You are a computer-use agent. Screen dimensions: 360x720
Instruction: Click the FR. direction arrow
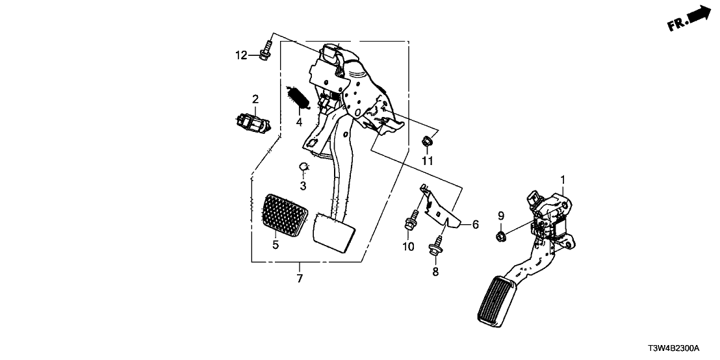[x=688, y=18]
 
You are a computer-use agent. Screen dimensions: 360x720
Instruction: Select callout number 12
[x=241, y=56]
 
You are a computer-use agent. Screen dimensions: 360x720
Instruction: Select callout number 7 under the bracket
[x=299, y=279]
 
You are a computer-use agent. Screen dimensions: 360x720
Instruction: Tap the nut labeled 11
[x=427, y=140]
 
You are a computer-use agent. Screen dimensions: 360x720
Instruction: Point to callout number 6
[x=475, y=224]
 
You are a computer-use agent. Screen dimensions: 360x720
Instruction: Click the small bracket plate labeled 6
[x=442, y=209]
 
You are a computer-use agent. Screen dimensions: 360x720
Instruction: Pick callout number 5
[x=276, y=244]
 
